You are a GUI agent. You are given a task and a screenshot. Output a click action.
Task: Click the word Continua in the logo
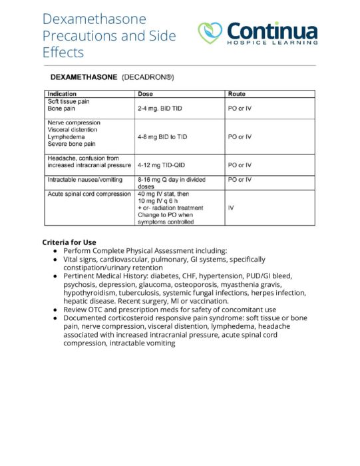coord(271,31)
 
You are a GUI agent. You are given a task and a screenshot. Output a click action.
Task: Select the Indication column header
coord(62,94)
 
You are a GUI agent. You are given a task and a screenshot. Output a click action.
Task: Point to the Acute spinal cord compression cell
coord(89,194)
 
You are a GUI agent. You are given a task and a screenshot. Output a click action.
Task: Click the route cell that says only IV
coord(231,208)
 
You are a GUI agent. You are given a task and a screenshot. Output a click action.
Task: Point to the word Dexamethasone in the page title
coord(94,19)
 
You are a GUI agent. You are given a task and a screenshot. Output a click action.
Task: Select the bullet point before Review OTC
coord(55,310)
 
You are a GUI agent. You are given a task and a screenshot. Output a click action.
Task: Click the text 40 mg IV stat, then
coord(163,194)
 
